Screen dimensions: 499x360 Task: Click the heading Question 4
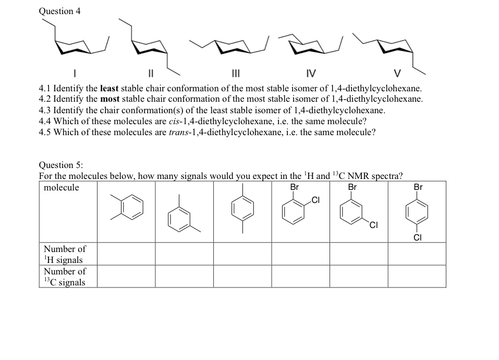(x=59, y=11)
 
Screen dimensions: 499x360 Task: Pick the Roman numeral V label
(x=398, y=72)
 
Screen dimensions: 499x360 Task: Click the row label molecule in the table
(x=62, y=188)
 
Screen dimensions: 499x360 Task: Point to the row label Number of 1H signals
(x=64, y=254)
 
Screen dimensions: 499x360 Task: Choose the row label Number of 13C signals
(x=64, y=277)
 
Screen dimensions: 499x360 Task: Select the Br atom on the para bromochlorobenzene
(x=418, y=187)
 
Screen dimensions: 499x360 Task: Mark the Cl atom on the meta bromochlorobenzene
(x=373, y=225)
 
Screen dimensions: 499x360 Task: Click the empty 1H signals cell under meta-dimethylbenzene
(x=184, y=254)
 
